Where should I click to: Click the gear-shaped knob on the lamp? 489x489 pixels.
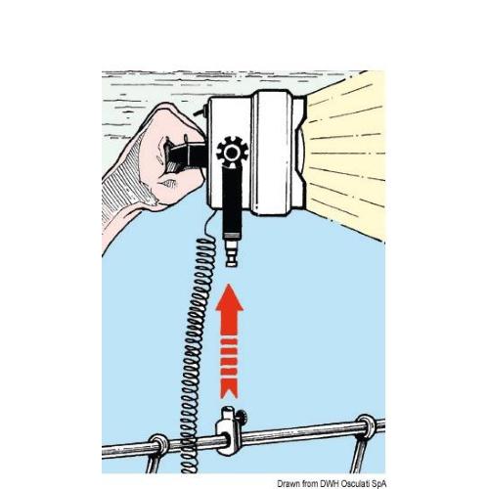232,152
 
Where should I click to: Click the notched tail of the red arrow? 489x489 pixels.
229,388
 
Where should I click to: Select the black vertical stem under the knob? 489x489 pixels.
233,199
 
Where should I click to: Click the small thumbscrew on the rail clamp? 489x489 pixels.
243,417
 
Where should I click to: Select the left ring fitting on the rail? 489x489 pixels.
159,445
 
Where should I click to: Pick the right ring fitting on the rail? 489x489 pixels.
367,425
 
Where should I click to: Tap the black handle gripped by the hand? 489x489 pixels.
186,156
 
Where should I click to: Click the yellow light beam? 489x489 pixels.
345,154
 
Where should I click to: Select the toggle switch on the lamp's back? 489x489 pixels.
201,111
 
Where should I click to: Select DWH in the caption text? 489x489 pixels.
327,483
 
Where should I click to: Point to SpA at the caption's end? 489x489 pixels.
378,484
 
